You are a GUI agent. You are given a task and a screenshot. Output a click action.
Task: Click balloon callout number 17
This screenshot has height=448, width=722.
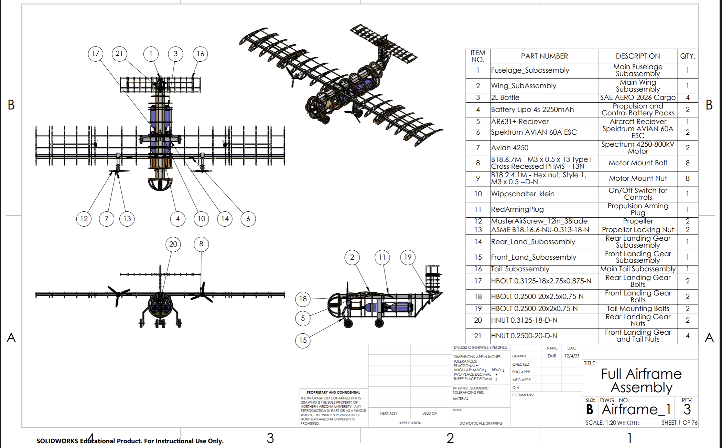point(95,54)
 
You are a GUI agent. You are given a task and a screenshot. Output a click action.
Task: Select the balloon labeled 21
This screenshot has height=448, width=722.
point(119,54)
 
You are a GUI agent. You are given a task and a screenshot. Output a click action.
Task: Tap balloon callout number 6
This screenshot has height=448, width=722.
point(248,219)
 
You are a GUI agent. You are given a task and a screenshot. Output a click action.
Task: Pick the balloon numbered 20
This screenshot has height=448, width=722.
point(173,244)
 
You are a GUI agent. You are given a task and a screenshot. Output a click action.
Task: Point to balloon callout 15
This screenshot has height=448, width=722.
point(303,340)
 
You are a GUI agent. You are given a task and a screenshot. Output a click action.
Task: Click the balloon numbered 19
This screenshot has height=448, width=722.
point(408,257)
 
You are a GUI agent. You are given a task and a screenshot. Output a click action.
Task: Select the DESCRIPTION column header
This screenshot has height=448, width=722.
point(638,56)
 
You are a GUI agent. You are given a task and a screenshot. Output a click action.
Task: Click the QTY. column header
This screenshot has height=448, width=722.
point(687,56)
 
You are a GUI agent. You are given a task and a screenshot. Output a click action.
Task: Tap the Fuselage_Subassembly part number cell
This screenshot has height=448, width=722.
point(530,70)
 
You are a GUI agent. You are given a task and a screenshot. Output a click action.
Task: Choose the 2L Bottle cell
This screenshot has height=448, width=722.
point(505,97)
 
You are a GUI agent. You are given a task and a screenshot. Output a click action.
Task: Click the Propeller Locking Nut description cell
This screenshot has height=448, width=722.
point(638,230)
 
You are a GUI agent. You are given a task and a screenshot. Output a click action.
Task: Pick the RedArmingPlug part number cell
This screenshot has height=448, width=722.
point(517,209)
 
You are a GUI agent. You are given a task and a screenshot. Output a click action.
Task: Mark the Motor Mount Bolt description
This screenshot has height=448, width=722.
point(638,163)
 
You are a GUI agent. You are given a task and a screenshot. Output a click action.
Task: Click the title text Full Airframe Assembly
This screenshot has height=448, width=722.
point(641,381)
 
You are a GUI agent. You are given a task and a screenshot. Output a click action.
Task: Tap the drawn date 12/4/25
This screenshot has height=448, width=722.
point(572,356)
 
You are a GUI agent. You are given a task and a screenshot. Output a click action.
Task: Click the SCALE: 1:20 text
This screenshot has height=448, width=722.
point(601,423)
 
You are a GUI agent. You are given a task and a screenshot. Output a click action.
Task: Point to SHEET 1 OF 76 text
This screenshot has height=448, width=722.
point(679,423)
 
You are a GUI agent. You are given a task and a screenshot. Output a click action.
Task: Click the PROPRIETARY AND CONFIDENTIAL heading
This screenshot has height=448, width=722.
point(333,392)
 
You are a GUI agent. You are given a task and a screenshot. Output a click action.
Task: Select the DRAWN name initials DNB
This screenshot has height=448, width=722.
point(552,356)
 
